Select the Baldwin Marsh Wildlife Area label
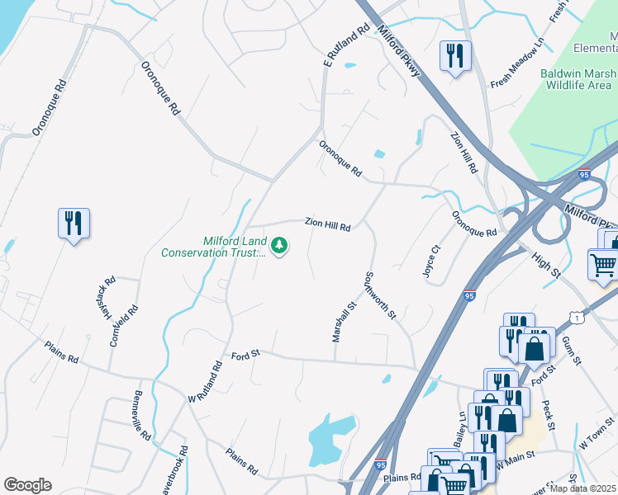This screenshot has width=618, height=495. coord(576,79)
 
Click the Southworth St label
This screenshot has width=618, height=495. coord(382,295)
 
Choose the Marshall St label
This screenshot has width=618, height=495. coord(343,322)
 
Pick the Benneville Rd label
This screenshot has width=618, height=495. coord(141,414)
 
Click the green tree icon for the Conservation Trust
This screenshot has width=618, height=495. coord(280,245)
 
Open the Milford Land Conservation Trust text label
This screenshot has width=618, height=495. coord(235,247)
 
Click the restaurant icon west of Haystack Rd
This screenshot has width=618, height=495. coord(74,223)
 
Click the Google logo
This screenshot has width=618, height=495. coord(27,485)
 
